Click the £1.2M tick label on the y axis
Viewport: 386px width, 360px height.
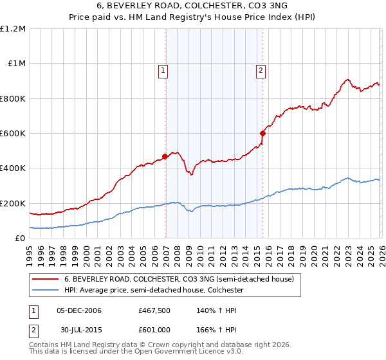[13, 29]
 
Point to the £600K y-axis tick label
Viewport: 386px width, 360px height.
[13, 134]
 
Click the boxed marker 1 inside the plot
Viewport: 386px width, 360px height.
[163, 71]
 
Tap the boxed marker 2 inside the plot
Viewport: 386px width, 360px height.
[261, 71]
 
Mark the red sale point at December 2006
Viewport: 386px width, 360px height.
[165, 156]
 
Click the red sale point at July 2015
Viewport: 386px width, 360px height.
[262, 133]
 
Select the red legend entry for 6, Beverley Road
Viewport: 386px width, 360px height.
[179, 279]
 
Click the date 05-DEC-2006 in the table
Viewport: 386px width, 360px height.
[78, 310]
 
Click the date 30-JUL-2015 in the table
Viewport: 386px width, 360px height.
[78, 331]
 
